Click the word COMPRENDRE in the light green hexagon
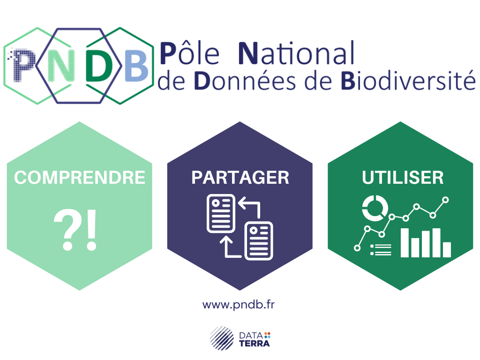(x=80, y=178)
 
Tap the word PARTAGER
(x=240, y=178)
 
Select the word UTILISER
(x=403, y=178)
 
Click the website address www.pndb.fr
(x=239, y=305)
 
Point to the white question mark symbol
(x=68, y=230)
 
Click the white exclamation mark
(x=91, y=230)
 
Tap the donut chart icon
(x=375, y=208)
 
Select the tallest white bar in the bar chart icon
(x=405, y=243)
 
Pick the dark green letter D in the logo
(x=98, y=66)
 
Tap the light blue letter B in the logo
(x=136, y=66)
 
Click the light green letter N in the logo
(x=61, y=66)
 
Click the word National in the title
(x=296, y=53)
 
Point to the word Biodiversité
(x=408, y=80)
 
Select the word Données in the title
(x=245, y=81)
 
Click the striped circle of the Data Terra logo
(x=222, y=338)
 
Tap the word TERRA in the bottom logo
(x=255, y=344)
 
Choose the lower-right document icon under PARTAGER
(x=259, y=240)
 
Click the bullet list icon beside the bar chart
(x=381, y=249)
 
